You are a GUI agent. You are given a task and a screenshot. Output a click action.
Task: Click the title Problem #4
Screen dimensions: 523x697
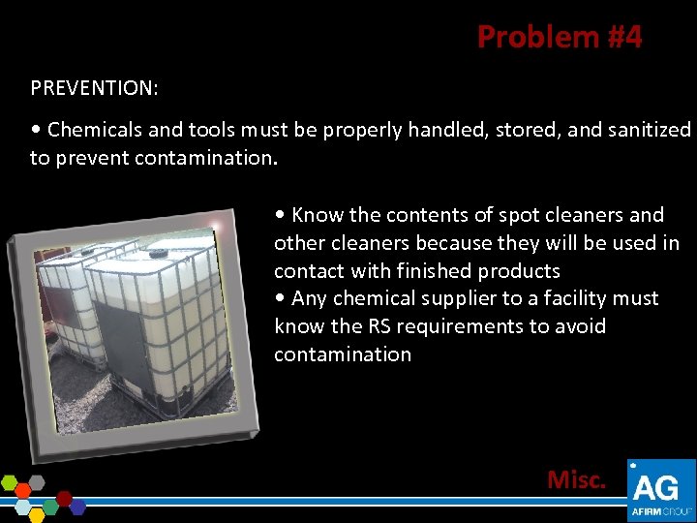coord(559,37)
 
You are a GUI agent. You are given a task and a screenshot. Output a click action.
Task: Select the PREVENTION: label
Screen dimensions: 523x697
coord(95,88)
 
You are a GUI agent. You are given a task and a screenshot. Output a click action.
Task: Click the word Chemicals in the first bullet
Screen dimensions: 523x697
coord(92,130)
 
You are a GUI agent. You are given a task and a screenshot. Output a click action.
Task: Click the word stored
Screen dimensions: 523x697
coord(528,130)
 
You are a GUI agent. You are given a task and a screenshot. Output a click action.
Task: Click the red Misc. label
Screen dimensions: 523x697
coord(577,479)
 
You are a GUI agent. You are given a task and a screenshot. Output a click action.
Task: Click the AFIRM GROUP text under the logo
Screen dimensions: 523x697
coord(661,511)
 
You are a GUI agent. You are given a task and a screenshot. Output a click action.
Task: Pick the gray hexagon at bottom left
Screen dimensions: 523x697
coord(37,480)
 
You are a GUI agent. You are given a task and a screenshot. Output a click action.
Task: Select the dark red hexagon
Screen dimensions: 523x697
coord(65,499)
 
